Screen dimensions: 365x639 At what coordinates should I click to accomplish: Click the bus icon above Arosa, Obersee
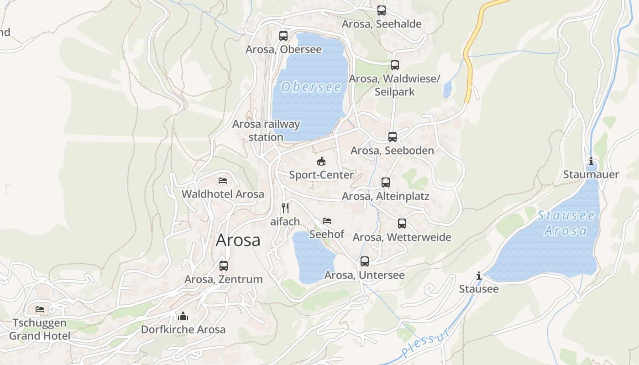(283, 36)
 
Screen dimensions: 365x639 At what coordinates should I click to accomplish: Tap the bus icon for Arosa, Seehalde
(382, 10)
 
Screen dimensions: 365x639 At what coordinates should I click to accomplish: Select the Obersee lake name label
(311, 87)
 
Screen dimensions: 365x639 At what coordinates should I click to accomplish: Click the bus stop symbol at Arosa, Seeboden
(392, 136)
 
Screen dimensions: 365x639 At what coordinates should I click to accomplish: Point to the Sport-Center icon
(321, 161)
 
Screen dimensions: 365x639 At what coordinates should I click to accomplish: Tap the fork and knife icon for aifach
(285, 208)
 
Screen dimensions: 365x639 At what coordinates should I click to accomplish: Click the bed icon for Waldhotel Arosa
(223, 181)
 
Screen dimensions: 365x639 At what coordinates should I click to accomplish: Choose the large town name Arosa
(238, 240)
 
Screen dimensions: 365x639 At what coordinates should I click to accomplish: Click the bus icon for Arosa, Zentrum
(224, 266)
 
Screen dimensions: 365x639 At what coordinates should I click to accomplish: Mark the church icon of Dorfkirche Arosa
(183, 316)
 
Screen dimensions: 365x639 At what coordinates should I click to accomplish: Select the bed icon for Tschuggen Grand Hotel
(40, 309)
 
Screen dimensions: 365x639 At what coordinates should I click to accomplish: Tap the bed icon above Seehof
(327, 221)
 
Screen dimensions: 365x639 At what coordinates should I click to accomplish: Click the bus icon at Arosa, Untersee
(364, 261)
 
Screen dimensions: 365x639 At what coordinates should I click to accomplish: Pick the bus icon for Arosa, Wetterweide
(402, 224)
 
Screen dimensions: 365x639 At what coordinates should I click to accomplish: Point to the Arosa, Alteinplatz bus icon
(386, 182)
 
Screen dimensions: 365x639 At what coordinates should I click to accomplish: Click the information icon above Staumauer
(591, 161)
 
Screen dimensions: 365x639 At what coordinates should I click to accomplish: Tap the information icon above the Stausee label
(479, 276)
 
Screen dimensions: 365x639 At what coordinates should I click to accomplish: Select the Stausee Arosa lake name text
(566, 223)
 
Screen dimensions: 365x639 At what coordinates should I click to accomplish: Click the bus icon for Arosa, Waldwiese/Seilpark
(395, 65)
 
